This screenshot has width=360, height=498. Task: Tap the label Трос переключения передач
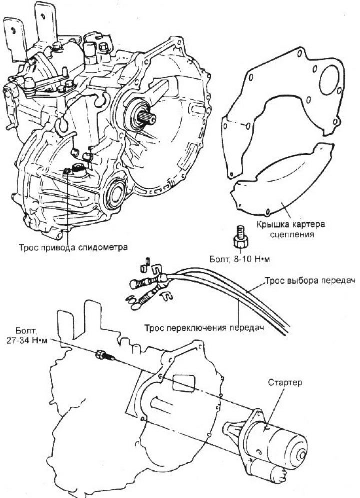[x=205, y=328]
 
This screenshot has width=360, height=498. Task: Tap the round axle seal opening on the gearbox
[x=116, y=192]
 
